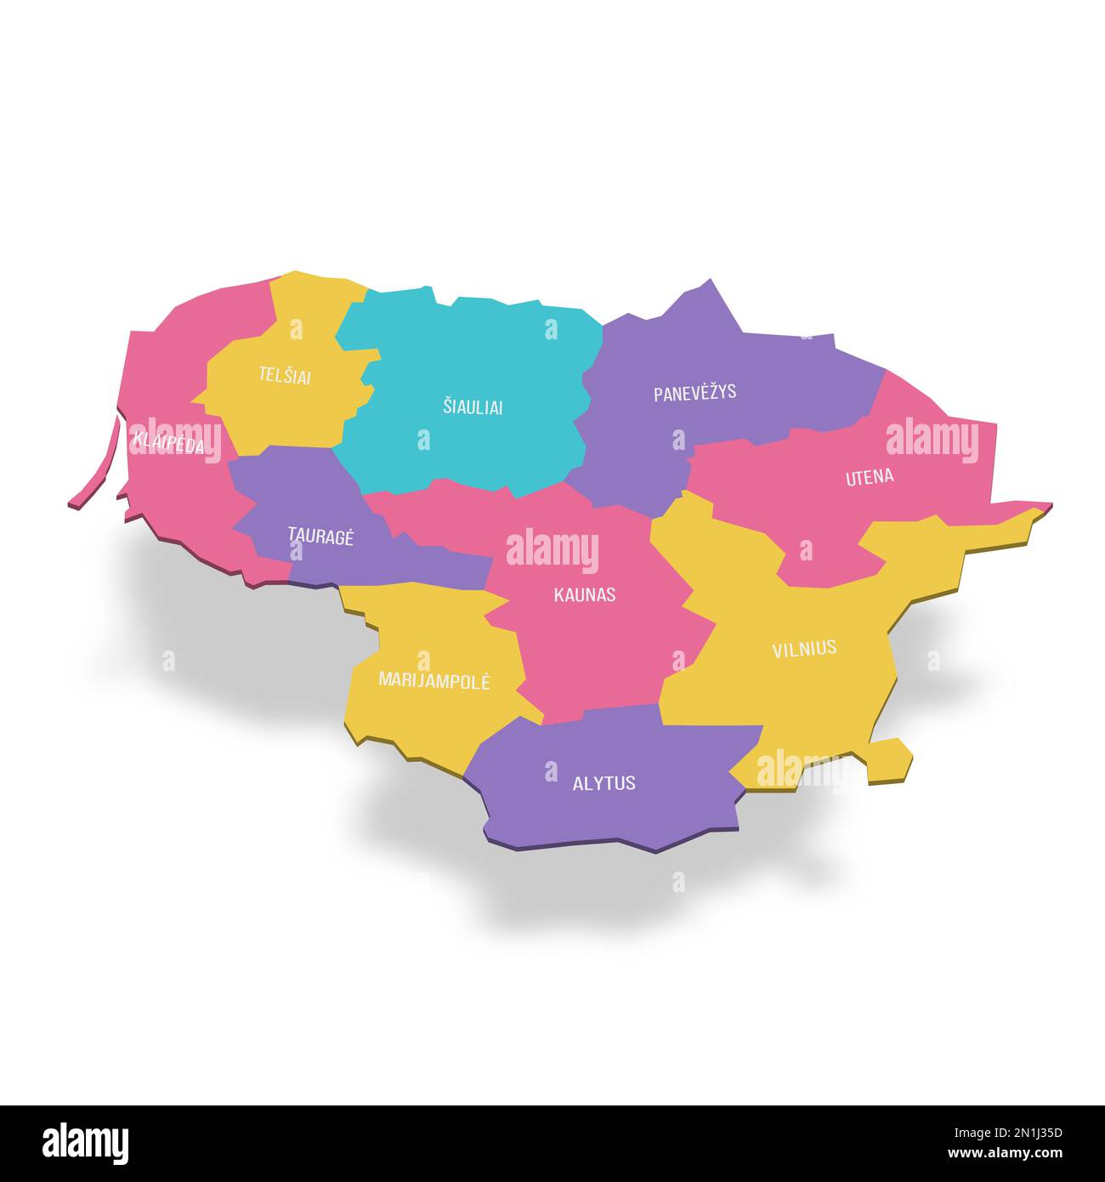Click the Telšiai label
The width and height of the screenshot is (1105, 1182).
pyautogui.click(x=285, y=376)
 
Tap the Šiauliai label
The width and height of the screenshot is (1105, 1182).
pyautogui.click(x=473, y=407)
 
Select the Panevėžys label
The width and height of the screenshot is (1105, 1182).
pyautogui.click(x=694, y=394)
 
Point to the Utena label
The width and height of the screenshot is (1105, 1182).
pyautogui.click(x=869, y=477)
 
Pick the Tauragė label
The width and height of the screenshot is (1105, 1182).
pyautogui.click(x=320, y=536)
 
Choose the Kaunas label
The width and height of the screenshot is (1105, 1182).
pyautogui.click(x=584, y=595)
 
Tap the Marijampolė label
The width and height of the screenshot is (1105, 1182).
pyautogui.click(x=433, y=680)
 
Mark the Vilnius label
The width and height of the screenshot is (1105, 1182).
pyautogui.click(x=803, y=649)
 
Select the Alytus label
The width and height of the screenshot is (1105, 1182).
pyautogui.click(x=603, y=783)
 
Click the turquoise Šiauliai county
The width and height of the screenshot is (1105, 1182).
pyautogui.click(x=476, y=357)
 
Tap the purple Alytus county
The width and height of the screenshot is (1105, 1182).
pyautogui.click(x=612, y=816)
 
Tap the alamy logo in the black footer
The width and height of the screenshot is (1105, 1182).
pyautogui.click(x=86, y=1143)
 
